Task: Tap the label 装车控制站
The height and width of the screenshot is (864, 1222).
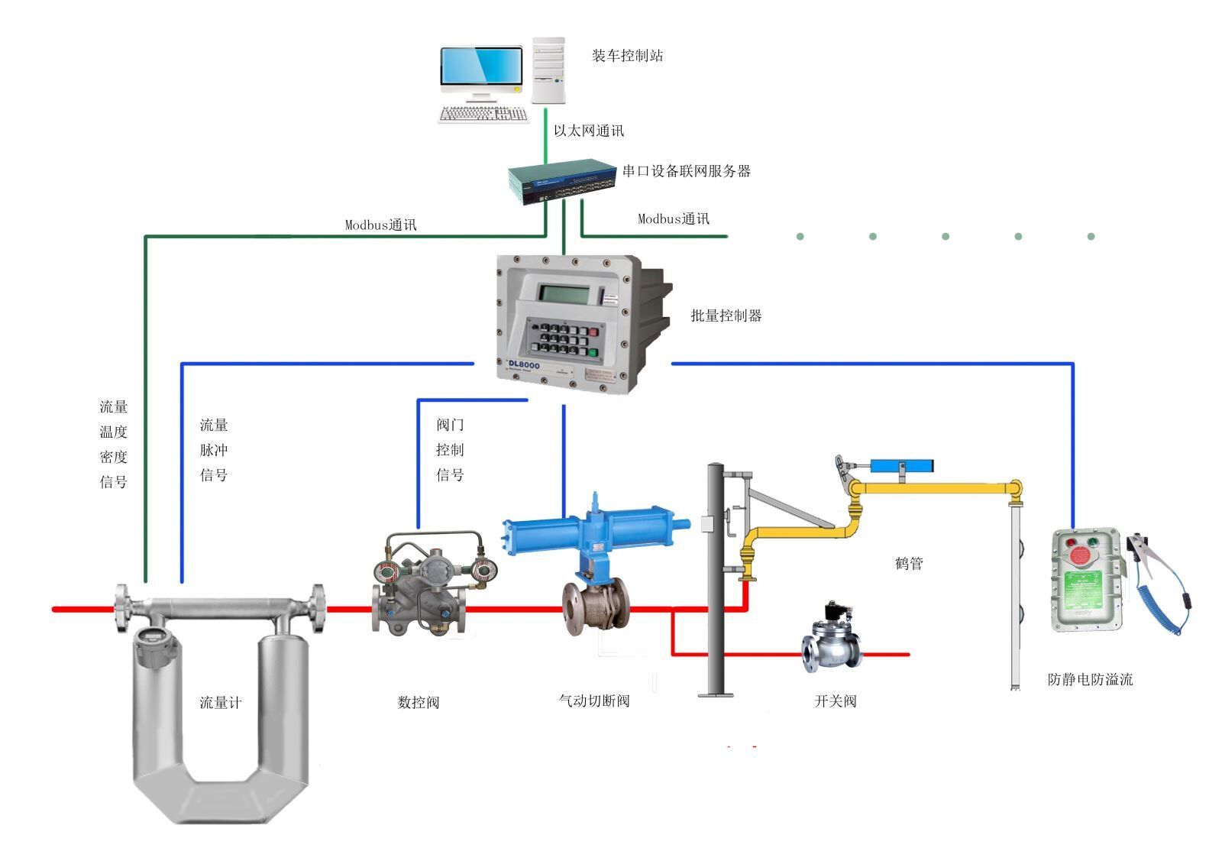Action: coord(627,56)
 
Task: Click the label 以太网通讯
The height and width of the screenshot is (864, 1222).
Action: coord(588,131)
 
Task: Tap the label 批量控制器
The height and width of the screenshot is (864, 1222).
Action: coord(726,316)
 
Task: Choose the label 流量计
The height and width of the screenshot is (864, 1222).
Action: coord(220,702)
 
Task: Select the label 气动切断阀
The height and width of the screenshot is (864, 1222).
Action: coord(594,701)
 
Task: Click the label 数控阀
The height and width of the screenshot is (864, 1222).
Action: coord(419,702)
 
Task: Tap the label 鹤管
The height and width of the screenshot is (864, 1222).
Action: coord(909,564)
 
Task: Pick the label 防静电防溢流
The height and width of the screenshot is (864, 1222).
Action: coord(1090,679)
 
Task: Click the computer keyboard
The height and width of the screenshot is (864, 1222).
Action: coord(483,115)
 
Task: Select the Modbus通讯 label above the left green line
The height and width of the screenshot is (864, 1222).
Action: coord(380,225)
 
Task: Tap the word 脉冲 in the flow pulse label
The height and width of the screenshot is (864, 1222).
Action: coord(214,450)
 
